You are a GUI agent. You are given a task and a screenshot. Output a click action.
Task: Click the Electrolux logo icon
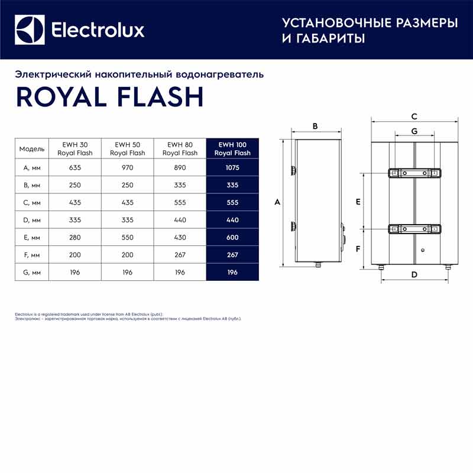(30, 30)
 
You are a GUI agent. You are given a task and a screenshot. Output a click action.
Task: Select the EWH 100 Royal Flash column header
(232, 148)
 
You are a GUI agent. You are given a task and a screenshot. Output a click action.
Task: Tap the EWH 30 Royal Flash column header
(74, 148)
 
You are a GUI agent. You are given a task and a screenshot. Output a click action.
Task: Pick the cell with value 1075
(232, 167)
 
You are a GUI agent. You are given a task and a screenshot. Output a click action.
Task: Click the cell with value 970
(127, 167)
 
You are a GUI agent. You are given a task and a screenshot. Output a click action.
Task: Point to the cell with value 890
(180, 167)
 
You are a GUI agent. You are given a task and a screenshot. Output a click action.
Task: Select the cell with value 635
(74, 167)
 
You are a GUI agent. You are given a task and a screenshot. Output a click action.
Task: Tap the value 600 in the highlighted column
(232, 237)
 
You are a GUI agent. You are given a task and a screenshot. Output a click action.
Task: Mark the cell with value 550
(127, 237)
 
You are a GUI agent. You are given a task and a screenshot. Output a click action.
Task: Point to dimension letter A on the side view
(277, 202)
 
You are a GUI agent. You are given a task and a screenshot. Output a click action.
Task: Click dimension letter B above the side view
(315, 126)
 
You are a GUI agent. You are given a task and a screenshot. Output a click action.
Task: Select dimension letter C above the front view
(414, 116)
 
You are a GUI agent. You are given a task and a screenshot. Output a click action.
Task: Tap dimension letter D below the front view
(414, 274)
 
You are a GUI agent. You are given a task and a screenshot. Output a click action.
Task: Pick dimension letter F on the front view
(358, 249)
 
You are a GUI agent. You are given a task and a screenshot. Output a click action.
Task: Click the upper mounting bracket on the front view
(414, 173)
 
